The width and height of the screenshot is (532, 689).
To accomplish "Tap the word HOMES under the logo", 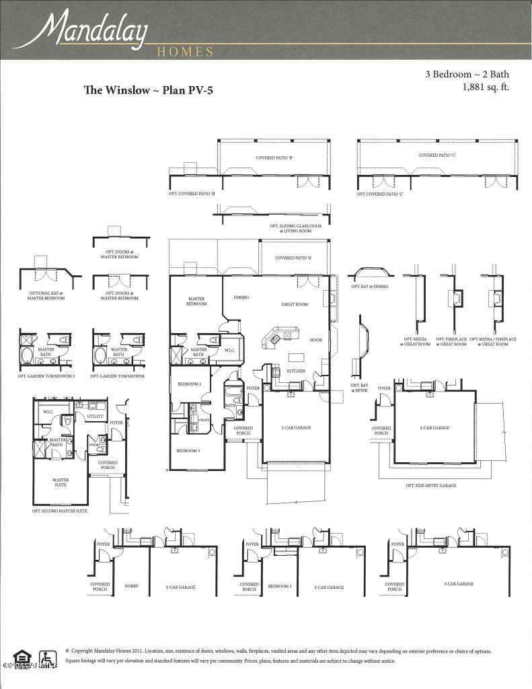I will tap(185, 52).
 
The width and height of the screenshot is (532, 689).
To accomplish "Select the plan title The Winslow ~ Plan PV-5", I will tap(149, 89).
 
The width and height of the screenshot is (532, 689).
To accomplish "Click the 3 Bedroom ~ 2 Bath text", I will tap(467, 75).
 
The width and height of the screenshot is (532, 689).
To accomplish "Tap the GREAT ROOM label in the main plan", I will tap(295, 305).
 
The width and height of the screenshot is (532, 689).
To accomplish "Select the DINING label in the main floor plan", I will tap(241, 297).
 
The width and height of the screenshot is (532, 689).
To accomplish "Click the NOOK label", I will tap(315, 340).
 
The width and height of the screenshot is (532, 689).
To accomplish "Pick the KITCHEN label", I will tap(296, 371).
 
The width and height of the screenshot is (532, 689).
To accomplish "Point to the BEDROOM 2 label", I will tap(189, 384).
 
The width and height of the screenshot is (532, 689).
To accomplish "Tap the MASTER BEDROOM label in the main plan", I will tap(196, 301).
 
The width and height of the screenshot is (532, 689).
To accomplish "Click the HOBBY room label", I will tap(131, 587).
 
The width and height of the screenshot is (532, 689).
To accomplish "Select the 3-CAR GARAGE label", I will tap(460, 584).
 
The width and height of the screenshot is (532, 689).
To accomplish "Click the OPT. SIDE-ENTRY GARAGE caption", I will tap(431, 485).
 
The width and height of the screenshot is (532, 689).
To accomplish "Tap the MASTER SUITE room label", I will tap(61, 482).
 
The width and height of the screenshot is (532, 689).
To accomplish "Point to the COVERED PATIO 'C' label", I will tap(437, 155).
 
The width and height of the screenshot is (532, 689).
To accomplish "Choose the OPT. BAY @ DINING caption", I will tap(369, 287).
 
